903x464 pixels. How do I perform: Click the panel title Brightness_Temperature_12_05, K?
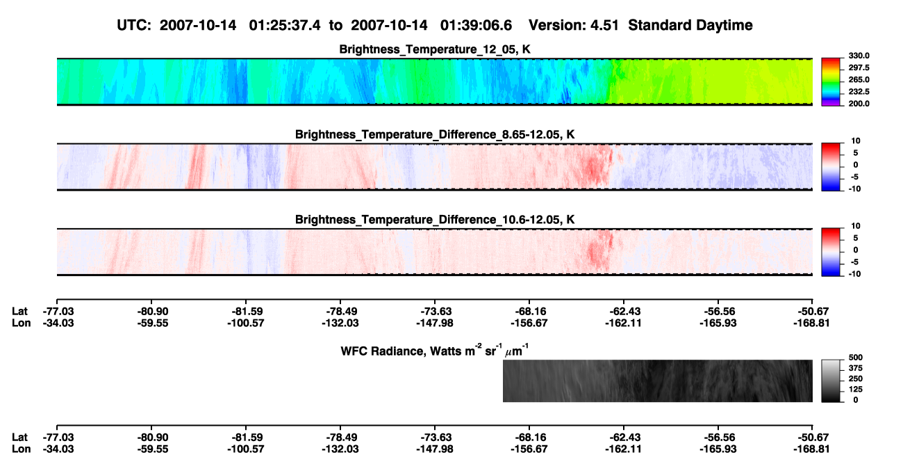pos(434,49)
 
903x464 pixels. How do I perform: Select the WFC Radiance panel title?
pos(434,351)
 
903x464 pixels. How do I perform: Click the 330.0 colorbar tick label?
pos(859,56)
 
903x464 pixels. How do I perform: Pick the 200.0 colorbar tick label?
pos(859,104)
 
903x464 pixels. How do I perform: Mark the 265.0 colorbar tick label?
pos(859,79)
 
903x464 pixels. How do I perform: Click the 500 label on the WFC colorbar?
pos(856,358)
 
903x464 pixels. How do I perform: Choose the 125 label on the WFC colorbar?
pos(856,390)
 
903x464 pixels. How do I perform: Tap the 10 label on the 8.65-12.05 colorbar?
pos(856,141)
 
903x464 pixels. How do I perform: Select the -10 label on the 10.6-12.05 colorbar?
pos(854,274)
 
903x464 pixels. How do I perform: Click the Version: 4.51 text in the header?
pos(573,26)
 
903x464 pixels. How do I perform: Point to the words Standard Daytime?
pos(690,26)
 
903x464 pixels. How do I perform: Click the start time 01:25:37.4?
pos(285,26)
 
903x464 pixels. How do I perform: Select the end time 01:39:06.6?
pos(476,26)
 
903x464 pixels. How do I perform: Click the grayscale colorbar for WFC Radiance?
pos(831,381)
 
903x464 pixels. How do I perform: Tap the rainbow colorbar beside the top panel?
pos(831,82)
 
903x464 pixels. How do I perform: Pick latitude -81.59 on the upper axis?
pos(246,312)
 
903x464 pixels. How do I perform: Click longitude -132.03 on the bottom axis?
pos(340,449)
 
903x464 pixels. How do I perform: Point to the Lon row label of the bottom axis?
pos(21,449)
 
